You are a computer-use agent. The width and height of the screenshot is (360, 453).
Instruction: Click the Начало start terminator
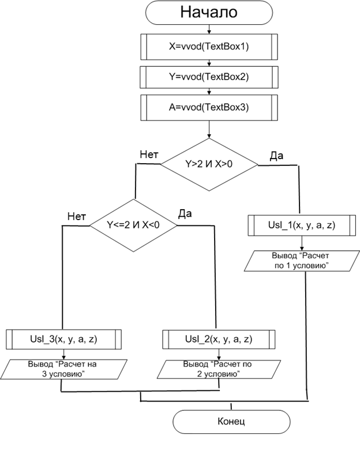209,13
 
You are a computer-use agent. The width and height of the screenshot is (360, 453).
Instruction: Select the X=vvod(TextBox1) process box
209,47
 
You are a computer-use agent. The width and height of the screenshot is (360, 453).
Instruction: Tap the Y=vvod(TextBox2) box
209,76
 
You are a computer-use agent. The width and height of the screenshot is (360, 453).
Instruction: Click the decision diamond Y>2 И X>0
209,164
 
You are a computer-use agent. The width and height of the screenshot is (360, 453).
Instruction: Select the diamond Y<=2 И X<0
133,225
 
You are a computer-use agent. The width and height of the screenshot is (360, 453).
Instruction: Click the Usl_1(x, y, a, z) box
300,225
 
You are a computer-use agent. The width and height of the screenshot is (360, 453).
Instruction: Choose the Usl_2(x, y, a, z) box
216,339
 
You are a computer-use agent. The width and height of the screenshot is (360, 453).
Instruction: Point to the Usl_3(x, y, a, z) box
63,339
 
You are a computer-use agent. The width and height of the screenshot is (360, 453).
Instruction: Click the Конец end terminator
231,421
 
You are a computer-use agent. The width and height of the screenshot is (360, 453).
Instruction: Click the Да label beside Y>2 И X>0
276,156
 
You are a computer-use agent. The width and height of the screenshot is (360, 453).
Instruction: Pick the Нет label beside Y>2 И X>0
150,154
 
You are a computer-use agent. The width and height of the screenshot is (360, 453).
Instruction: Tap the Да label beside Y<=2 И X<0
185,214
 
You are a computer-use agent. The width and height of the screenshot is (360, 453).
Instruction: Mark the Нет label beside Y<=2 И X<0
77,217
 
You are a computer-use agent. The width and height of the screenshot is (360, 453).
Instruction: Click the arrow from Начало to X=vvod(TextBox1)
209,30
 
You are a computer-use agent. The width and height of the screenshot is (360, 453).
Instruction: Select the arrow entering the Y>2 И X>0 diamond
209,130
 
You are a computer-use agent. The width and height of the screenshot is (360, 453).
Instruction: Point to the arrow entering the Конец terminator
231,405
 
